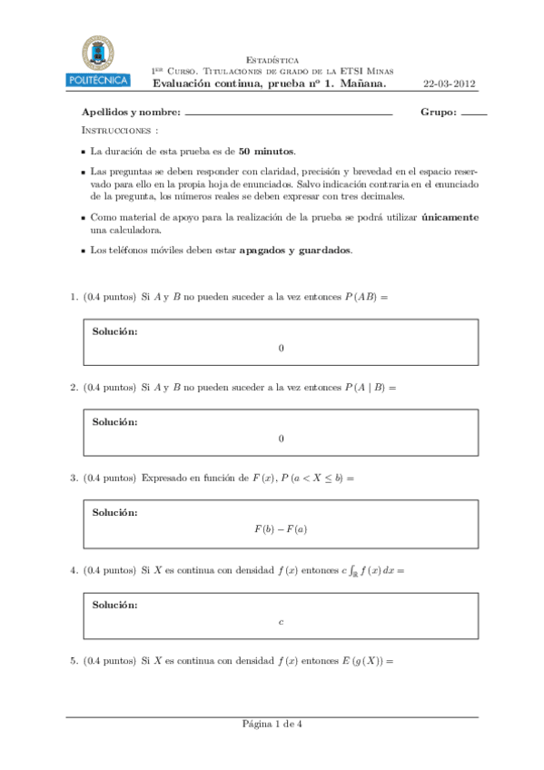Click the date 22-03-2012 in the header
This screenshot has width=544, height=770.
450,84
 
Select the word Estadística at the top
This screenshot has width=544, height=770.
272,59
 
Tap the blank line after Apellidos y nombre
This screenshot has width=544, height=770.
288,115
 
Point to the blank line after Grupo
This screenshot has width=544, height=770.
474,115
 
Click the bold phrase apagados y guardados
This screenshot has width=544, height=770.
295,250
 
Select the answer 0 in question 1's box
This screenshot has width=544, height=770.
282,348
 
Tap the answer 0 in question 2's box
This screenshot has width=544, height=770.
282,439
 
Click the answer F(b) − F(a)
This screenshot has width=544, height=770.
282,529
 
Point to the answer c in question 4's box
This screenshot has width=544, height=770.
282,621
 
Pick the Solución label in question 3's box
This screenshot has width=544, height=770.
115,513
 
